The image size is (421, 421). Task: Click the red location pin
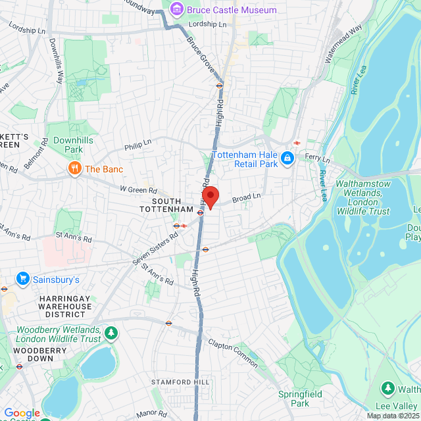209,197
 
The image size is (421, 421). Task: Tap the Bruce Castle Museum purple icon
176,9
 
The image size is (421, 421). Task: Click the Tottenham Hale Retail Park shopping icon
287,159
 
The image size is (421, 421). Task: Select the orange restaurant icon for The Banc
75,169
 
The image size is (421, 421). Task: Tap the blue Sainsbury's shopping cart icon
23,280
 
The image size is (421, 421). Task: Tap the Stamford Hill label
180,382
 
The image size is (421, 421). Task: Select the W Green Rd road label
139,189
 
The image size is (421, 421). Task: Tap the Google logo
22,413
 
